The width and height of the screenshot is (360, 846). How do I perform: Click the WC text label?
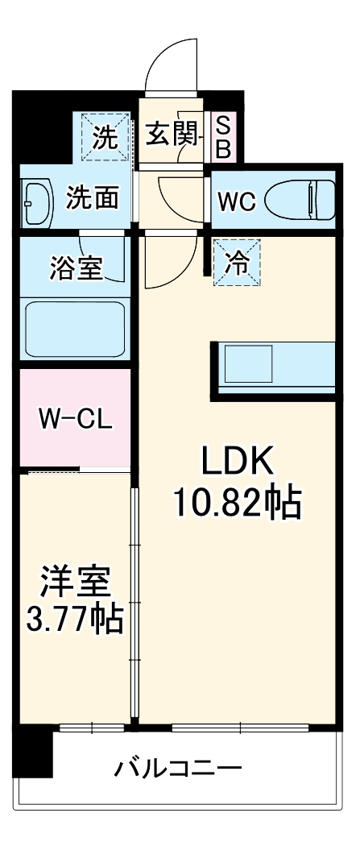237,201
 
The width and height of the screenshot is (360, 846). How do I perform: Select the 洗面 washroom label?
92,198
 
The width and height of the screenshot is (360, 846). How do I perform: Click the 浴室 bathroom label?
76,269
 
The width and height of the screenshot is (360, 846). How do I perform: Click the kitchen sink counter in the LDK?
274,369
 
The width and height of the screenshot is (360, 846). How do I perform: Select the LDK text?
238,462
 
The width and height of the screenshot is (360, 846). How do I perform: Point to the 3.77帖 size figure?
74,620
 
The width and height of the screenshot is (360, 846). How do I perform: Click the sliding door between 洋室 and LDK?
134,604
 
